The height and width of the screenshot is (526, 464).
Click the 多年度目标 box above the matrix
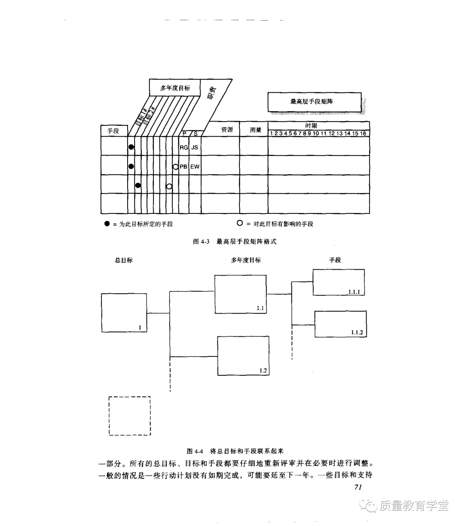click(175, 88)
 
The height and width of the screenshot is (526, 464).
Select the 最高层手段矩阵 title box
click(314, 102)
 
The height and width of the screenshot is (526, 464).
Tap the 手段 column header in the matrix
click(113, 131)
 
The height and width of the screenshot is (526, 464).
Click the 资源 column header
click(227, 130)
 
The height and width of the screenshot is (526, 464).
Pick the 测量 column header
click(256, 130)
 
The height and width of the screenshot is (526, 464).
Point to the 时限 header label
click(311, 125)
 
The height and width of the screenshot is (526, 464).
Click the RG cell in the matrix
click(184, 147)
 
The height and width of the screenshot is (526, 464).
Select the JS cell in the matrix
click(195, 147)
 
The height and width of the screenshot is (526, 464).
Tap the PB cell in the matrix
click(183, 167)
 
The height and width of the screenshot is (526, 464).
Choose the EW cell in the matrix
click(195, 167)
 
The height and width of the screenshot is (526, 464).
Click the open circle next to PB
click(175, 167)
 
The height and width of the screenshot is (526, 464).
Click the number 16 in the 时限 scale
click(363, 134)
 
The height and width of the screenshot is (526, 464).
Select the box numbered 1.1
click(241, 294)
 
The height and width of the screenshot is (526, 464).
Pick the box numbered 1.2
click(243, 356)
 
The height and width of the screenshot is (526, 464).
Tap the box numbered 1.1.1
click(339, 282)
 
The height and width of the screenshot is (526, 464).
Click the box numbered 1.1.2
click(341, 324)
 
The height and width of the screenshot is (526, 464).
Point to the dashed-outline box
click(129, 416)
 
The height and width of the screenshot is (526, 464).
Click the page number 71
click(359, 487)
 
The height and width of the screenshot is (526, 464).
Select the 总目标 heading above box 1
click(124, 260)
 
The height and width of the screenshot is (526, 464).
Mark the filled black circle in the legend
click(107, 224)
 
